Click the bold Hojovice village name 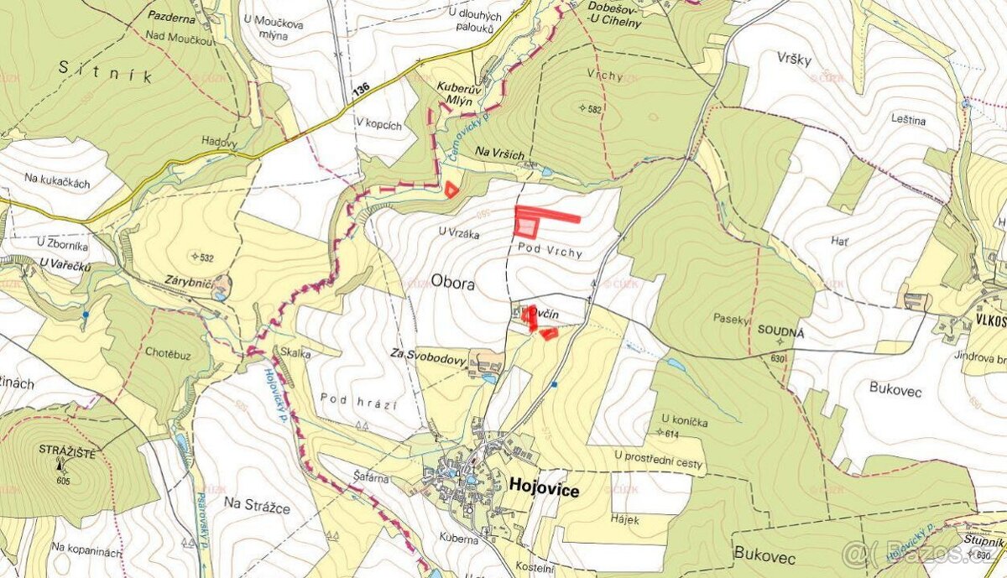[543, 491]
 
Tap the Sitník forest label [105, 71]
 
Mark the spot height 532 [203, 257]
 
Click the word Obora [453, 284]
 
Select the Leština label [909, 121]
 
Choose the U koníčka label [684, 420]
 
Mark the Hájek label [625, 520]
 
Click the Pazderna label [171, 15]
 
